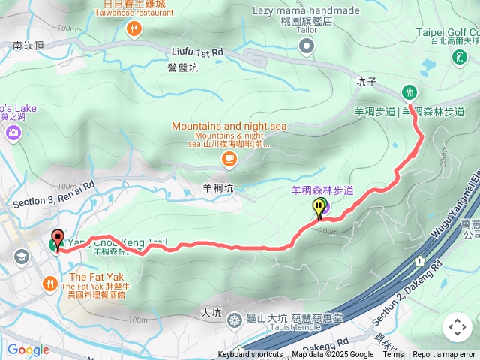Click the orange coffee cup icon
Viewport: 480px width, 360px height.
tap(229, 157)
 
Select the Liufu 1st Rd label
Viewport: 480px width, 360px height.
tap(196, 52)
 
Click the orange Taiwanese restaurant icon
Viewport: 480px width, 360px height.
tap(133, 29)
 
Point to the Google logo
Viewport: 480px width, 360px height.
tap(28, 349)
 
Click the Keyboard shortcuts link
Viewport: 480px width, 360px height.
tap(250, 355)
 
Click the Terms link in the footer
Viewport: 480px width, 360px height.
tap(393, 355)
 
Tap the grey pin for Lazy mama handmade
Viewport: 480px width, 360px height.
tap(305, 47)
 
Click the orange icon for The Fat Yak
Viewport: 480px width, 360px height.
tap(49, 283)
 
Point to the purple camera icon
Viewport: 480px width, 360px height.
tap(13, 133)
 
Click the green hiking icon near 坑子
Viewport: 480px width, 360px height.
tap(409, 92)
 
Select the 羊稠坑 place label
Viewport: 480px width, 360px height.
tap(218, 188)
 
